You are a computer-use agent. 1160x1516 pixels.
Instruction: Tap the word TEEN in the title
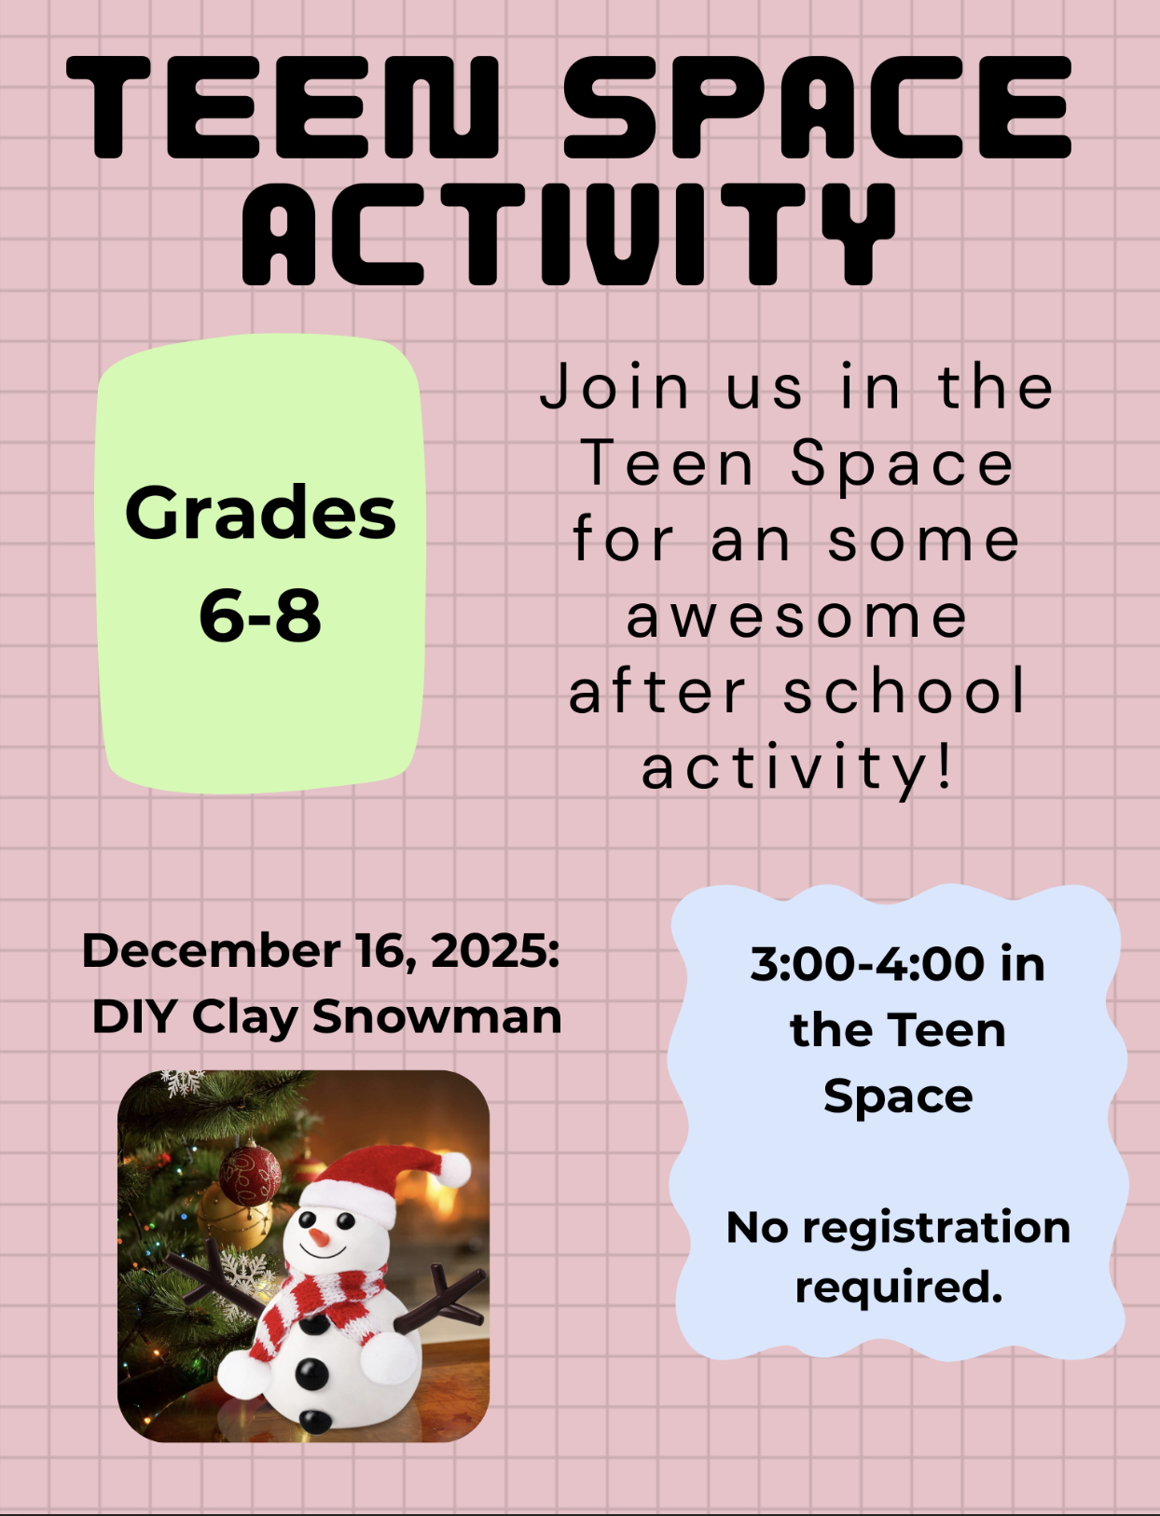point(282,107)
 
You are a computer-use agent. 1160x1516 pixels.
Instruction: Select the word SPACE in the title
point(818,107)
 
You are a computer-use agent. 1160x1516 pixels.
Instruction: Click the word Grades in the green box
point(260,513)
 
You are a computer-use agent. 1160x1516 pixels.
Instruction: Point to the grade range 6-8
point(260,615)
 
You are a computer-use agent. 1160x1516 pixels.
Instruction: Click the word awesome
point(797,617)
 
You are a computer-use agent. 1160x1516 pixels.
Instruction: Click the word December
point(212,950)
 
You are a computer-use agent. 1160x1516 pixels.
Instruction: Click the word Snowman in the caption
point(437,1016)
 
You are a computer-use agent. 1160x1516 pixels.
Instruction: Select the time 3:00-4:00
point(867,963)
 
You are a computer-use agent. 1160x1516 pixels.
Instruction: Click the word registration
point(936,1227)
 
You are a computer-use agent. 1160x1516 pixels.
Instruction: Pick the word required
point(898,1288)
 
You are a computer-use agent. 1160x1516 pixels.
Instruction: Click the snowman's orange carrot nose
point(318,1237)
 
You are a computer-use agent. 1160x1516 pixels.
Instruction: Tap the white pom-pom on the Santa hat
point(454,1169)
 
